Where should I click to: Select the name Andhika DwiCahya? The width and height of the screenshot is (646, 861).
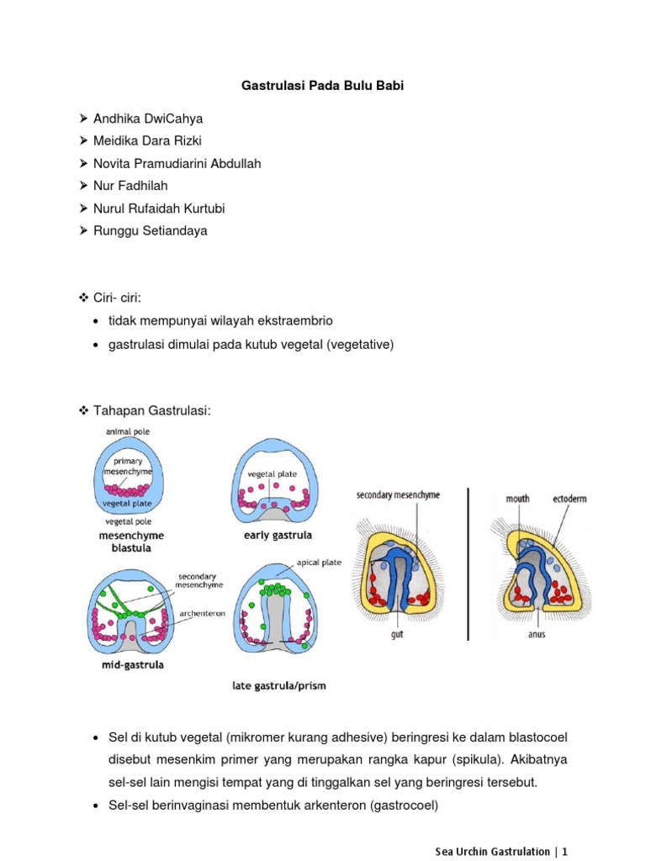(147, 119)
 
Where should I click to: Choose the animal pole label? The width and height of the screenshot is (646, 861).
(128, 431)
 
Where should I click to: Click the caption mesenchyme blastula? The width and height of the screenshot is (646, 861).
(129, 541)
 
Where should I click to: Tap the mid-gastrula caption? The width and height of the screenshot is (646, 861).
(128, 665)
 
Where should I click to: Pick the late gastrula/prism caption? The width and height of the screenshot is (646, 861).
(278, 685)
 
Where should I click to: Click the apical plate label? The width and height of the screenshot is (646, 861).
(320, 563)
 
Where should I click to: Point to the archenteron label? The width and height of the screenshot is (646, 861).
(202, 614)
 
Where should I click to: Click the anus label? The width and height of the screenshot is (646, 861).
(536, 634)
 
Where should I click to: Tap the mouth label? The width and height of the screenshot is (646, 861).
(517, 498)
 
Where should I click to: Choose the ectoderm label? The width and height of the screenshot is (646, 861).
(569, 498)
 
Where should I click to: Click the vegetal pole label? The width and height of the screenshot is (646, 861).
(128, 521)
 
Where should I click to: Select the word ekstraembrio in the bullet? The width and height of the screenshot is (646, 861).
(297, 320)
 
